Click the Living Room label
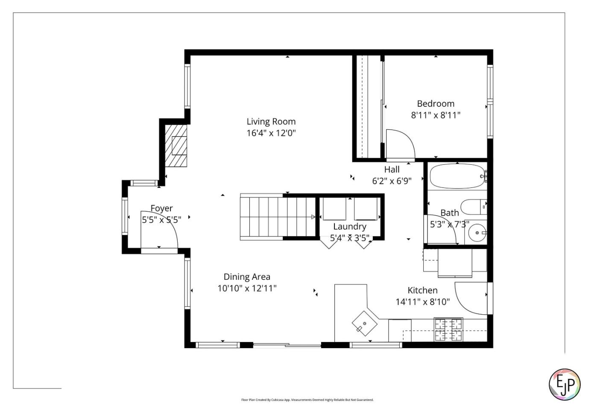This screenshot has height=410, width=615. click(x=271, y=122)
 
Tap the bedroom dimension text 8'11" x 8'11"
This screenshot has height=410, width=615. click(x=436, y=115)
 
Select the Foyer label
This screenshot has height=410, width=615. click(x=161, y=208)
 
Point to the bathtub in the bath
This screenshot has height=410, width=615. click(x=457, y=176)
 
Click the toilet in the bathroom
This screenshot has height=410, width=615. click(x=472, y=207)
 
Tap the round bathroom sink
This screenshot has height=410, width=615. click(x=477, y=233)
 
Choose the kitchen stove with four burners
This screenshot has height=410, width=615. click(x=448, y=329)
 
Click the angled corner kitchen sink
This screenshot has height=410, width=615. click(x=364, y=323)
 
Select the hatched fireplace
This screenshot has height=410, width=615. click(x=176, y=146)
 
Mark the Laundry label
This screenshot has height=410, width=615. click(x=350, y=227)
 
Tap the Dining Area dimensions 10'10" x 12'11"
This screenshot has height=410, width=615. click(x=247, y=288)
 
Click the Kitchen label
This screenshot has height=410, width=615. click(x=422, y=290)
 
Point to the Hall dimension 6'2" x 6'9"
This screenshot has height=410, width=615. click(x=392, y=181)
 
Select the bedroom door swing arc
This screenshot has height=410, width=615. click(x=401, y=144)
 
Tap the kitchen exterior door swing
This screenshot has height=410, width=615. click(x=471, y=297)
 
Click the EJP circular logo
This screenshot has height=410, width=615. click(x=564, y=384)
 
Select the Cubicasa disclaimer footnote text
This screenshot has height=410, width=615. click(x=307, y=400)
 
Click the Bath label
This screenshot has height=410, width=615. click(x=449, y=213)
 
